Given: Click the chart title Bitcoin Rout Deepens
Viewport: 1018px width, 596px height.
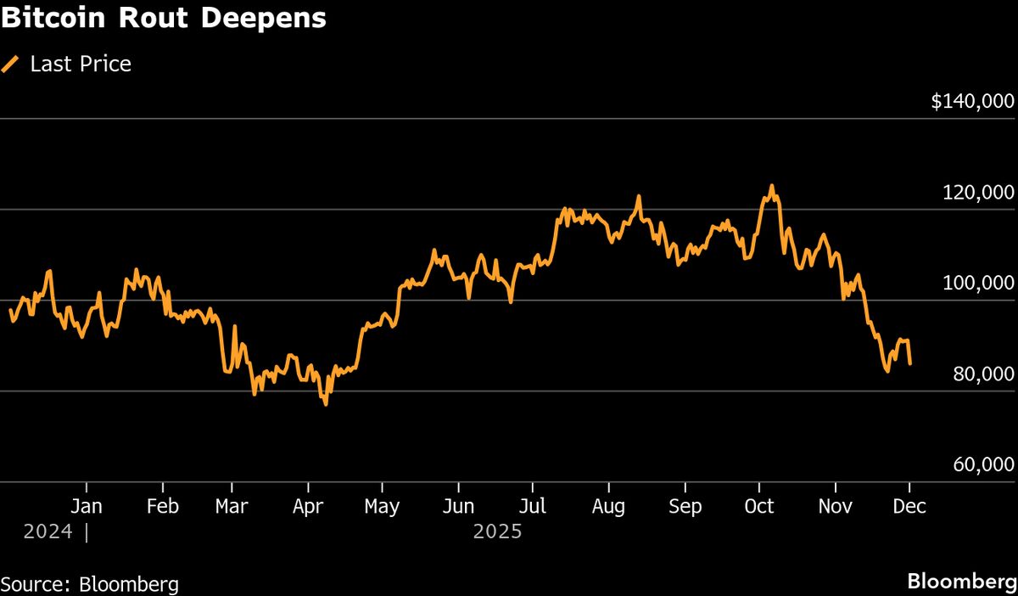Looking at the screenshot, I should [x=164, y=19].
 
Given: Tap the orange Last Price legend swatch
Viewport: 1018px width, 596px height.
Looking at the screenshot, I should [x=11, y=64].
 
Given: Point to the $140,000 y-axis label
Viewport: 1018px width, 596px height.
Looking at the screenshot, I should [x=972, y=102].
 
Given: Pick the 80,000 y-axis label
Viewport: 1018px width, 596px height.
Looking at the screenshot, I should [x=983, y=374].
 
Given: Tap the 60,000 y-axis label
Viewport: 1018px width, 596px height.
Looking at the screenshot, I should [x=983, y=465].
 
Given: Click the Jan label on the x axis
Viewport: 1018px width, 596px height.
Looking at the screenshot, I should [x=87, y=507].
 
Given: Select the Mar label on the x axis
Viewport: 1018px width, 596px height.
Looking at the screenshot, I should [x=231, y=507].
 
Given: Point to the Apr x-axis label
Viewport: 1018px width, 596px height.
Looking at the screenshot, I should [x=308, y=507].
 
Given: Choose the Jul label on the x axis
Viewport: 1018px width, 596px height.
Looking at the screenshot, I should [x=532, y=507].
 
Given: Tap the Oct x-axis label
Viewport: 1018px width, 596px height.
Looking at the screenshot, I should [x=758, y=507].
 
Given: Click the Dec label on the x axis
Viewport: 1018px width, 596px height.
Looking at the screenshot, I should [x=909, y=507].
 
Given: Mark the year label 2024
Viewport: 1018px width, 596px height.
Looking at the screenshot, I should [x=48, y=532].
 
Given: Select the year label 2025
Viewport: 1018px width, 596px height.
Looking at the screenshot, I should [x=498, y=532].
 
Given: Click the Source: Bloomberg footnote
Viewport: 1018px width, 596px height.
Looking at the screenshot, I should [x=90, y=584].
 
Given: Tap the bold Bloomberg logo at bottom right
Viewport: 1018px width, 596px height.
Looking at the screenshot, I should [x=960, y=582].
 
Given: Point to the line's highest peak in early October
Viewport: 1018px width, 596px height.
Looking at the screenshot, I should [x=771, y=186].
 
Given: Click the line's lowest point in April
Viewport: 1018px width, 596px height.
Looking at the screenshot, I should [x=326, y=403].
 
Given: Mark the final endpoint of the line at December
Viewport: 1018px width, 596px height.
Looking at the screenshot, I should [x=910, y=363].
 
